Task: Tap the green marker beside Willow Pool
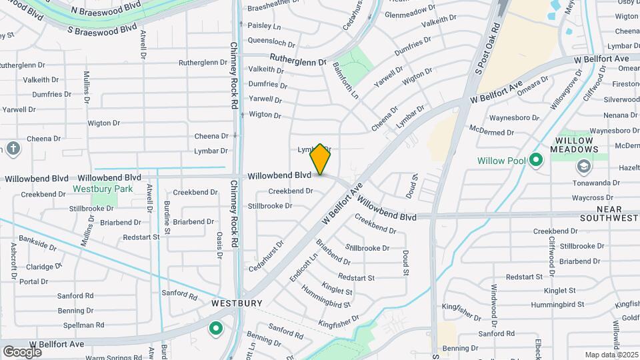click(536, 160)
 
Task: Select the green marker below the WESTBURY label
click(215, 328)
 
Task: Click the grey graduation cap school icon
click(584, 166)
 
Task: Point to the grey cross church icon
click(13, 148)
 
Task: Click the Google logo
click(22, 351)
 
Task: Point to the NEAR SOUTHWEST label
click(609, 213)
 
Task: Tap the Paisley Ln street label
click(264, 25)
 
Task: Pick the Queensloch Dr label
click(271, 40)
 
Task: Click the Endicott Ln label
click(304, 266)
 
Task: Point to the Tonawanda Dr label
click(596, 183)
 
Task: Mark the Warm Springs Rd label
click(113, 358)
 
